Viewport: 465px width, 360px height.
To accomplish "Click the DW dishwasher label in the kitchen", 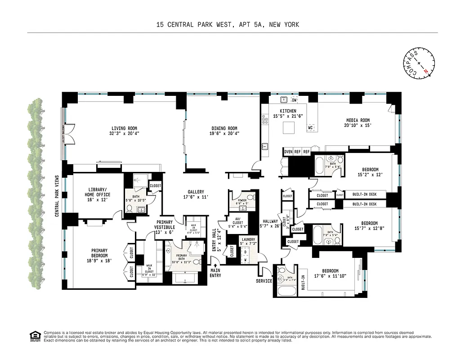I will coord(295,100).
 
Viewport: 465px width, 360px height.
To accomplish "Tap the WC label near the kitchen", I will coord(310,128).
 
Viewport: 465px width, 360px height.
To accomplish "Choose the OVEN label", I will coord(288,152).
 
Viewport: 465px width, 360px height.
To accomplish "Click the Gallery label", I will coord(196,194).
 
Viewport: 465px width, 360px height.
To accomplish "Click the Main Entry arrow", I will coord(215,265).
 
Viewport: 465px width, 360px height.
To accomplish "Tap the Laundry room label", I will coord(248,242).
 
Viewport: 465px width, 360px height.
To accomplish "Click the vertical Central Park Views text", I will coord(57,196).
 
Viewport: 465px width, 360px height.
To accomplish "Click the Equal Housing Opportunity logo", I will coord(34,336).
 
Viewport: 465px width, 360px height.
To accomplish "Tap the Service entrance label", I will coord(264,281).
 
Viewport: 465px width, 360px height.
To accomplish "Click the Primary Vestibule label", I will coord(165,225).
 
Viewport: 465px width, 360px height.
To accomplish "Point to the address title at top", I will coord(228,25).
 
